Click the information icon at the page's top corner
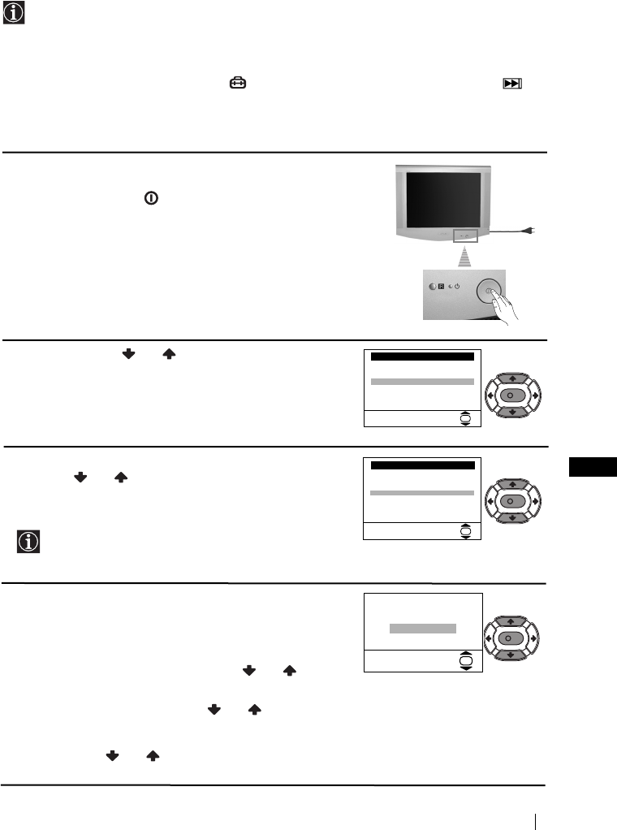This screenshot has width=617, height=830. (14, 13)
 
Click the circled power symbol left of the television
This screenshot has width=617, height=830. (150, 197)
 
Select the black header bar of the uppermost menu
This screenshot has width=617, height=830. (421, 357)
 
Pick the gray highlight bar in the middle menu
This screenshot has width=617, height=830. (421, 493)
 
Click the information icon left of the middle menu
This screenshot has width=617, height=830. (28, 543)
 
